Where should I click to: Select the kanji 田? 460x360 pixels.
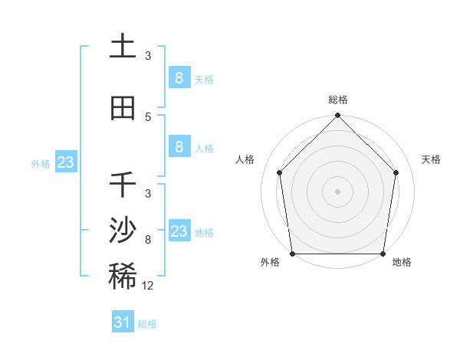point(123,108)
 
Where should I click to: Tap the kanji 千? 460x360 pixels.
point(123,185)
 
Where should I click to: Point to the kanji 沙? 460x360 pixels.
point(123,231)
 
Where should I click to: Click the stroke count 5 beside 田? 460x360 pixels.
point(148,116)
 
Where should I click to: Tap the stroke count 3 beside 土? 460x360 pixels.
point(148,56)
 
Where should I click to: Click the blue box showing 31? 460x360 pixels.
point(122,322)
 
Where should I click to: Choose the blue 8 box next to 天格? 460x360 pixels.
point(179,77)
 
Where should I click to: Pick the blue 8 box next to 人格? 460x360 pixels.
point(179,147)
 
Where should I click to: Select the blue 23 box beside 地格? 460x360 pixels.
point(179,231)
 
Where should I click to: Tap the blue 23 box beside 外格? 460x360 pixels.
point(65,162)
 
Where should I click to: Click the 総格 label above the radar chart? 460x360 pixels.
point(338,100)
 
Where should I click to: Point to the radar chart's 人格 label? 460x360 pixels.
point(245,159)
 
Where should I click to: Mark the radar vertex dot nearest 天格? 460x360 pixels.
point(396,172)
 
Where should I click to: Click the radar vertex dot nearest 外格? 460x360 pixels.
point(292,254)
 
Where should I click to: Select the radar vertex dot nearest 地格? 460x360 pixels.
point(383,254)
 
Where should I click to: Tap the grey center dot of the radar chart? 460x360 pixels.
point(337,191)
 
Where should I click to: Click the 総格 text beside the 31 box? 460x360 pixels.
point(147,324)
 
